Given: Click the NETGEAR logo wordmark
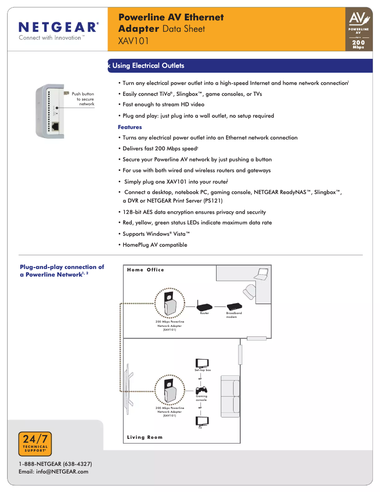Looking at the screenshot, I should point(58,27).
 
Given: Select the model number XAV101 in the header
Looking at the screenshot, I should point(134,41).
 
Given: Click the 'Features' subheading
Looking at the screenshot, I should point(130,127).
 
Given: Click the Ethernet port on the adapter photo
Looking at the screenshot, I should point(55,126).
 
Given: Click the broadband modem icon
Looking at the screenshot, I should point(234,307).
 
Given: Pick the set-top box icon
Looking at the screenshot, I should point(203,363).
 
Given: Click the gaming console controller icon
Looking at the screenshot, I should point(201,390).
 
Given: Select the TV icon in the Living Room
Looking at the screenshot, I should point(201,421).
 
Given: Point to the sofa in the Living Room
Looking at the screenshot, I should point(231,396).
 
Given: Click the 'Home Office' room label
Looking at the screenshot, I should point(145,270).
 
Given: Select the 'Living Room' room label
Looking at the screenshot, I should point(145,437).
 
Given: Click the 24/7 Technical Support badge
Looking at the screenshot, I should point(35,444).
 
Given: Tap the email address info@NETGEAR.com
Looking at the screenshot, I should point(54,472).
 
